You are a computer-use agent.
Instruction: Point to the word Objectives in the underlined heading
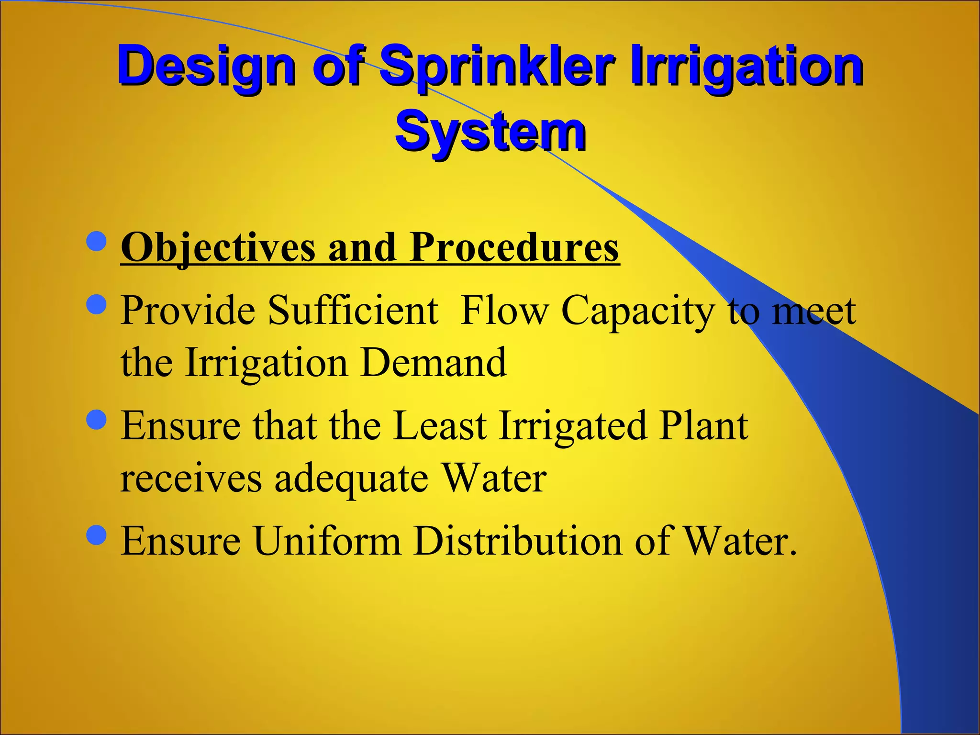click(218, 248)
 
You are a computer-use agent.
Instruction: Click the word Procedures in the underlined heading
click(514, 248)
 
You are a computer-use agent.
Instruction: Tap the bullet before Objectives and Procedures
click(97, 241)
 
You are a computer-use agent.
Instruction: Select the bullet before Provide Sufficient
click(97, 304)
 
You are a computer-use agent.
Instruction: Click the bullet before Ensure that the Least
click(97, 419)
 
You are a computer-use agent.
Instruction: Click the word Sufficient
click(353, 311)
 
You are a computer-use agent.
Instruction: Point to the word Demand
click(433, 363)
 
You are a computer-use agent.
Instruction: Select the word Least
click(439, 426)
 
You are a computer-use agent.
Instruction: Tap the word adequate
click(351, 479)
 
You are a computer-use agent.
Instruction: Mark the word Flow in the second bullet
click(504, 311)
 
